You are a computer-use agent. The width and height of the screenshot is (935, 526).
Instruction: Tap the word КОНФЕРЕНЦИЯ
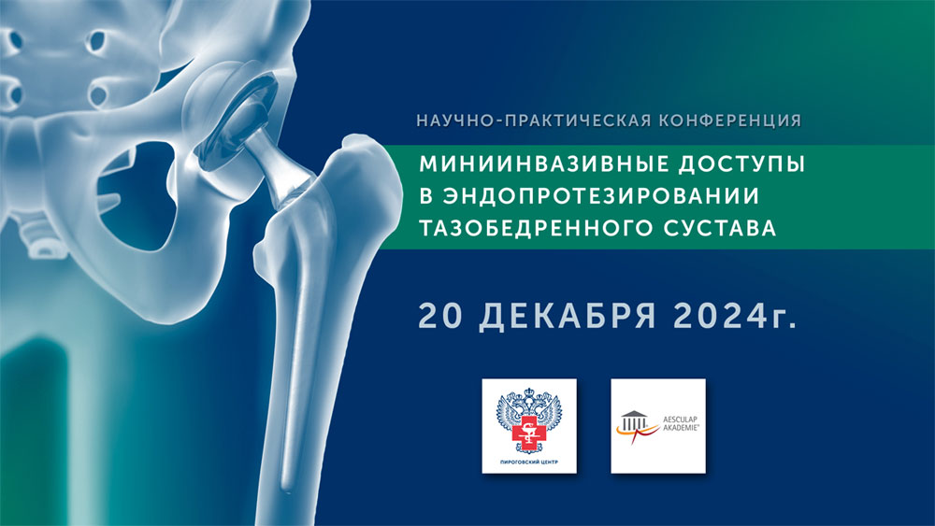click(x=730, y=121)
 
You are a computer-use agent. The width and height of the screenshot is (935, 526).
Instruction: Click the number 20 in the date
click(x=440, y=317)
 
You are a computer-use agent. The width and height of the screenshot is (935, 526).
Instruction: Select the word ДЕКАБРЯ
click(x=568, y=318)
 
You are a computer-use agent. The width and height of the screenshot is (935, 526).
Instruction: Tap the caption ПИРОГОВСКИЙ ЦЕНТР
click(x=529, y=462)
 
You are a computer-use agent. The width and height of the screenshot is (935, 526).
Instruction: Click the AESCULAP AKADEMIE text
click(x=681, y=423)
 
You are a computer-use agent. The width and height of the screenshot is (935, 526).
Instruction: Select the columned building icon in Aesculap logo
click(x=633, y=420)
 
